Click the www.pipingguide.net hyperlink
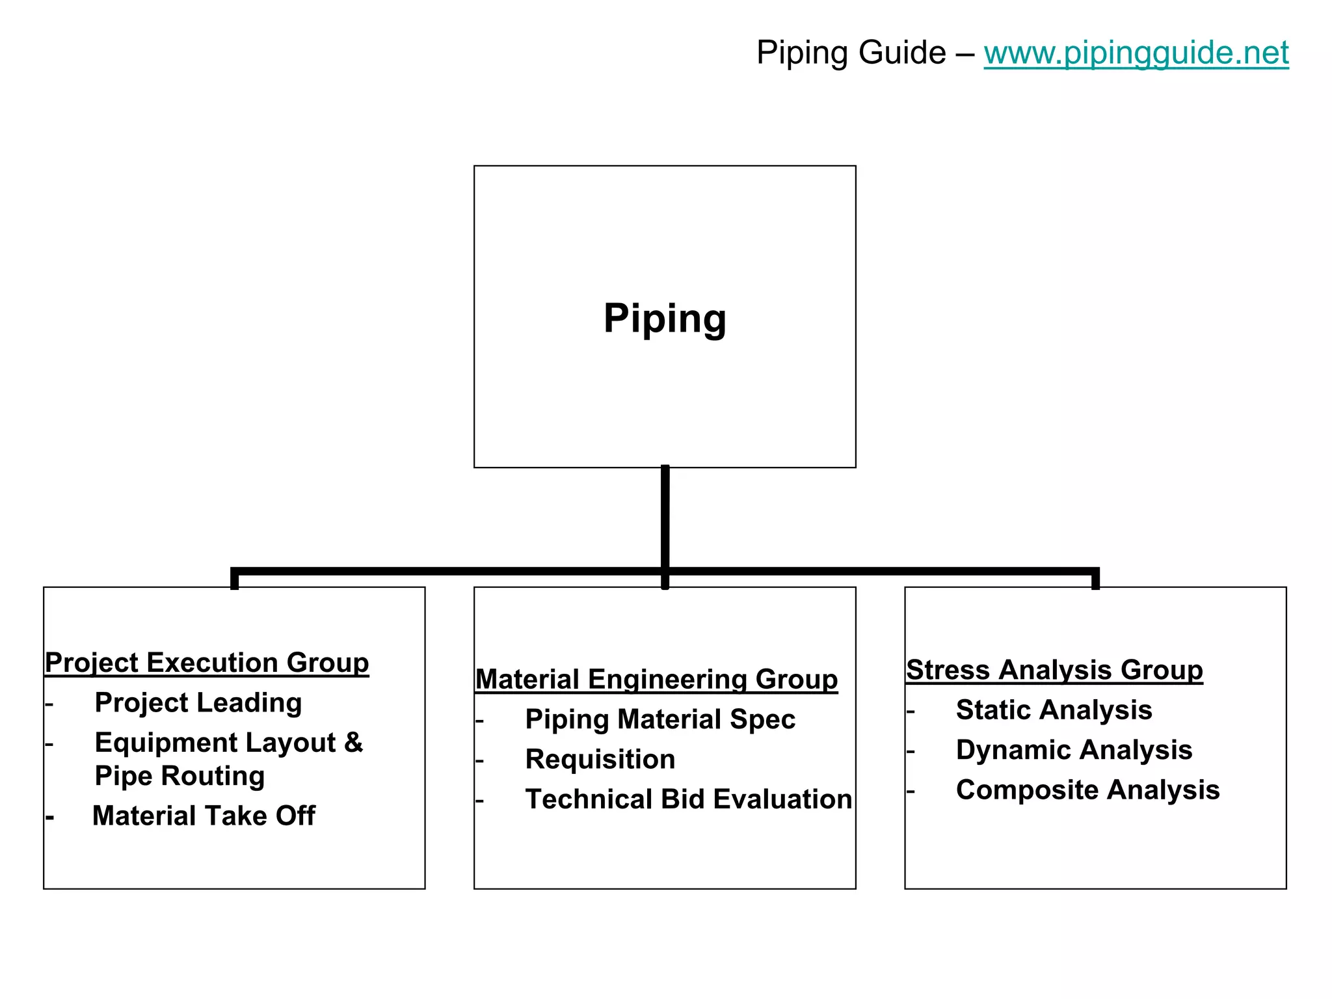[x=1136, y=53]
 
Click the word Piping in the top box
[x=665, y=318]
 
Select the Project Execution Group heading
[x=207, y=663]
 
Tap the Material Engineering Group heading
[x=656, y=680]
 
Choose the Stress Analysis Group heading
[x=1054, y=670]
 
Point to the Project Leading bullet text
[x=198, y=702]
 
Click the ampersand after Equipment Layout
[x=353, y=742]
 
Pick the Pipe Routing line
[x=180, y=776]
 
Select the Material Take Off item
[x=204, y=816]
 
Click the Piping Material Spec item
[x=660, y=719]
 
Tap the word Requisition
[x=600, y=759]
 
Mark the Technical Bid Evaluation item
[x=688, y=799]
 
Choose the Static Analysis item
[x=1054, y=710]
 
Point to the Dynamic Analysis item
[x=1074, y=750]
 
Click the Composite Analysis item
[x=1087, y=790]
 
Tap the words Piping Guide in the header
[x=851, y=53]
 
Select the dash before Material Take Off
[x=49, y=817]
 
